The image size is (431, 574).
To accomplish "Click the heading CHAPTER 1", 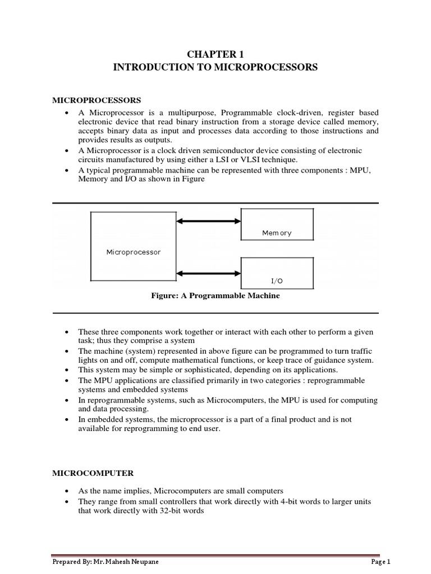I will point(215,54).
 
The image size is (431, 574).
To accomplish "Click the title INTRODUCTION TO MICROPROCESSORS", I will point(215,67).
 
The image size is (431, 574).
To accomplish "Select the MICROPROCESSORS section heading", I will point(97,100).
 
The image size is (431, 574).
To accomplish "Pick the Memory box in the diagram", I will point(277,224).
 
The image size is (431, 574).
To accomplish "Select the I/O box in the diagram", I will point(277,273).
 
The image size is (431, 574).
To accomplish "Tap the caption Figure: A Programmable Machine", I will point(215,296).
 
